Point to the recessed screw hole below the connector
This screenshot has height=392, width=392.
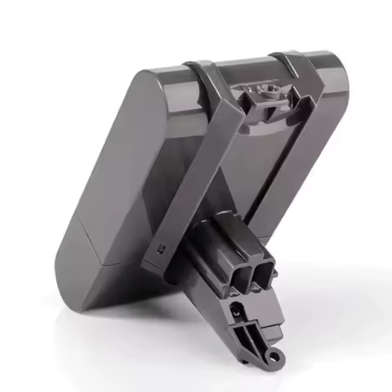[x=237, y=310]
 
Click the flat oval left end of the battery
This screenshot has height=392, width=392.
[x=95, y=188]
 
